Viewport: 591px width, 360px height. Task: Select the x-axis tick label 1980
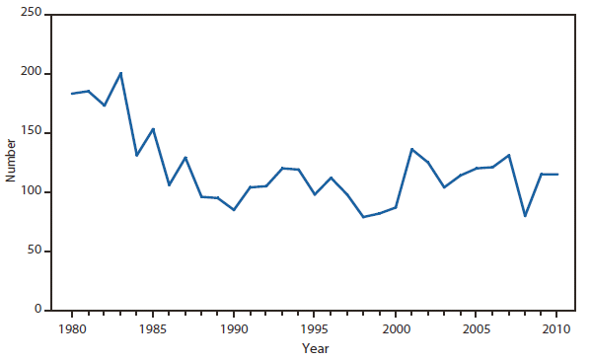click(72, 328)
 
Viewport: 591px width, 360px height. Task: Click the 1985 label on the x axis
click(153, 328)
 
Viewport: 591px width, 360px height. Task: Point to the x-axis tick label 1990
click(234, 328)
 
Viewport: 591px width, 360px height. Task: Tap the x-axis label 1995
click(315, 328)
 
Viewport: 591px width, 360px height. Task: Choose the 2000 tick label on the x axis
click(396, 328)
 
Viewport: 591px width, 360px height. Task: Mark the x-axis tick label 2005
click(477, 328)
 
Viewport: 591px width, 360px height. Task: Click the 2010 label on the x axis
click(557, 328)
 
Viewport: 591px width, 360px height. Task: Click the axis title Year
click(315, 348)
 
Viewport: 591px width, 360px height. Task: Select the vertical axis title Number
click(11, 162)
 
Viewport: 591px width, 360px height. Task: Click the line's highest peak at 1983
click(120, 73)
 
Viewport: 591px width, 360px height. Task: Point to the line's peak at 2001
click(411, 149)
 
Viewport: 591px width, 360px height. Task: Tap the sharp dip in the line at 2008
click(525, 215)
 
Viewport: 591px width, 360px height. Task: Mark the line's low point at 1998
click(363, 217)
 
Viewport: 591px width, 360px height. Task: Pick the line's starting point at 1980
click(72, 94)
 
